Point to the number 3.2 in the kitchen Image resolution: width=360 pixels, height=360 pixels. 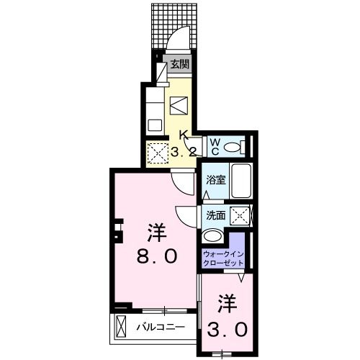click(x=183, y=151)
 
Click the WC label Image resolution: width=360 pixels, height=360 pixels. click(x=215, y=145)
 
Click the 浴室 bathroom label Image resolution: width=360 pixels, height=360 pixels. click(x=215, y=180)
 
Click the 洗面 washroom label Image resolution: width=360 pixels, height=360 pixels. click(x=215, y=215)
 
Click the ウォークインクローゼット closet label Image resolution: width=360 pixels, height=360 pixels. click(x=223, y=258)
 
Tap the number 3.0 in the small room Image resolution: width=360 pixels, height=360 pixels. click(x=230, y=328)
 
